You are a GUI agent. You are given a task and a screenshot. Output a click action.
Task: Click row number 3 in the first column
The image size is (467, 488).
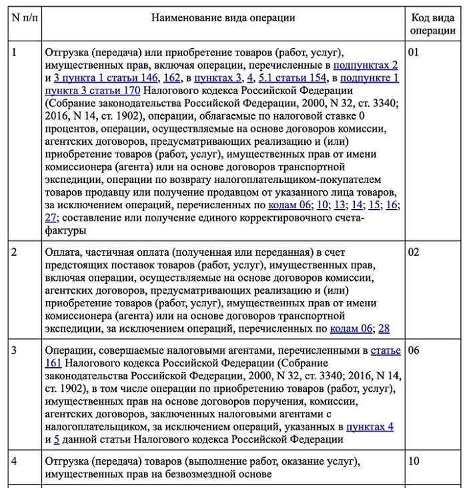[15, 350]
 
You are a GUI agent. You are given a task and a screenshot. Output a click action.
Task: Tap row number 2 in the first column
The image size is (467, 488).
[15, 252]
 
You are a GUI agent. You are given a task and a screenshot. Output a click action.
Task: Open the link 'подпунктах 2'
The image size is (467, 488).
[365, 65]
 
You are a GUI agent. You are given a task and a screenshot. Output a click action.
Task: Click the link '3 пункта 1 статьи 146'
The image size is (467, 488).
[101, 77]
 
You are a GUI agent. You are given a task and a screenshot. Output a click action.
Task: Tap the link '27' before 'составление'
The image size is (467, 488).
[51, 218]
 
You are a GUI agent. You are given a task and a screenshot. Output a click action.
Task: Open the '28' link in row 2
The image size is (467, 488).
[384, 328]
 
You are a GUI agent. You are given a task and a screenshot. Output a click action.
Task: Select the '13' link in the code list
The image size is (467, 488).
[340, 205]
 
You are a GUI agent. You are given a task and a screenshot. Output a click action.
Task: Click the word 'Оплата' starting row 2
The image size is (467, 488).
[63, 252]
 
